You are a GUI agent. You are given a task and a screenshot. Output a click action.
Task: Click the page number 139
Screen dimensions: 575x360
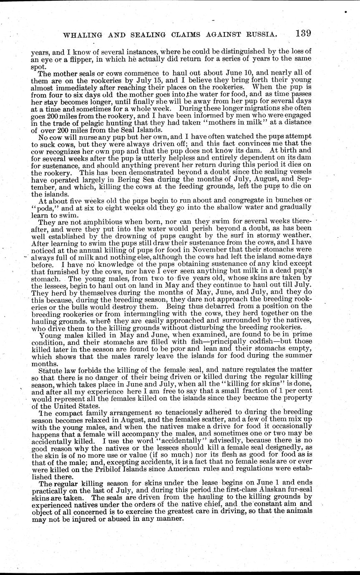(x=302, y=33)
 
